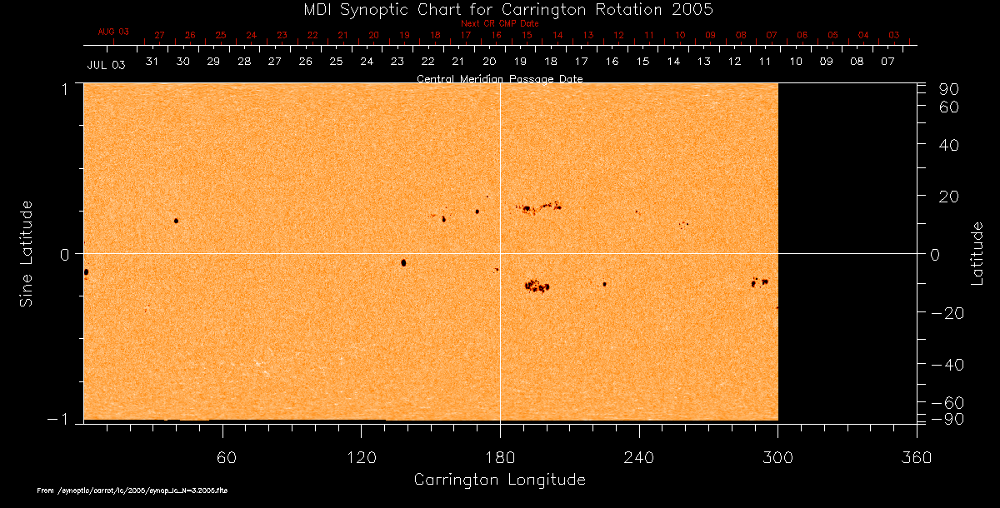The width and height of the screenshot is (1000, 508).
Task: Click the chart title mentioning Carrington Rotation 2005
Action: [500, 9]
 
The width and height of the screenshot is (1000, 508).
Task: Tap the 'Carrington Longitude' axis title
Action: [499, 480]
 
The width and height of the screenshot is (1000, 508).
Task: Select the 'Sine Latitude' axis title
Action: [26, 253]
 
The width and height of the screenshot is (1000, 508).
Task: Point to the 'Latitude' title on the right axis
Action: [977, 253]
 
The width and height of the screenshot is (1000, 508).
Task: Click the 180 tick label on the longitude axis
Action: [500, 457]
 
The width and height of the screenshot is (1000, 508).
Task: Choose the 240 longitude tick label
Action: [639, 457]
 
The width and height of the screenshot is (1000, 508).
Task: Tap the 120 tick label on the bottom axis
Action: [361, 457]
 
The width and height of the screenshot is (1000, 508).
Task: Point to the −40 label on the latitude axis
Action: [945, 365]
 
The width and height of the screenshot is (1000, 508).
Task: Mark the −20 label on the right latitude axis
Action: [945, 312]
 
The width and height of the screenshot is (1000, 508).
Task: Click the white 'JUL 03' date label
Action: [106, 65]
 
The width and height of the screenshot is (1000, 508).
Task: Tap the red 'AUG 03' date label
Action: [114, 32]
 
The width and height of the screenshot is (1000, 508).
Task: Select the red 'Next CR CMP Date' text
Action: [500, 23]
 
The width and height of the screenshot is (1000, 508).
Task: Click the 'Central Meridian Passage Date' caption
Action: [500, 79]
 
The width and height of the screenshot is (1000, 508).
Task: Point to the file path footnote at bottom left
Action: [132, 491]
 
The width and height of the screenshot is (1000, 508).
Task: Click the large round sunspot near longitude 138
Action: [403, 262]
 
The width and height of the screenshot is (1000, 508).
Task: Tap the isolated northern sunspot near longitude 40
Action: [176, 221]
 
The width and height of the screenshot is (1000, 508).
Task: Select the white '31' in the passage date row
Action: [152, 62]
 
